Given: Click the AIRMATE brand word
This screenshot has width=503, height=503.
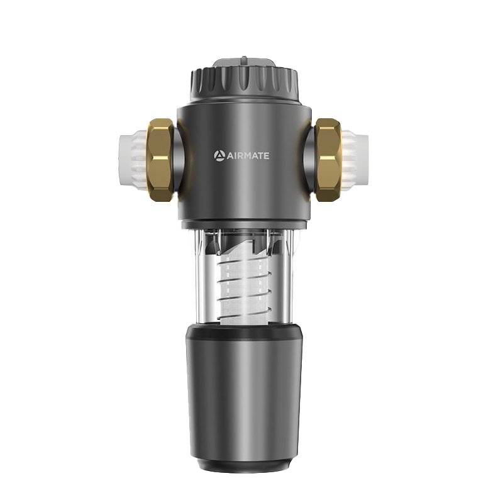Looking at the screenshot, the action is click(248, 156).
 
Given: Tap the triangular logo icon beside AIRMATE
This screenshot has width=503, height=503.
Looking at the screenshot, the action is click(219, 156).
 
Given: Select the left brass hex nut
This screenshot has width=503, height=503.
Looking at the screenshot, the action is click(160, 160).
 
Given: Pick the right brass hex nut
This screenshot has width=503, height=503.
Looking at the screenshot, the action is click(328, 160).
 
